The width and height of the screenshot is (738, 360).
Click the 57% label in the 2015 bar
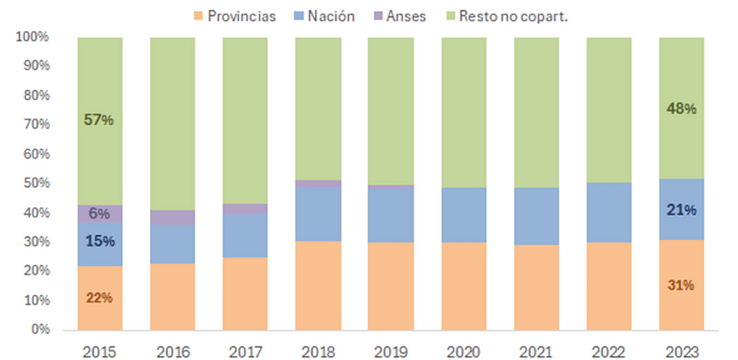coord(99,120)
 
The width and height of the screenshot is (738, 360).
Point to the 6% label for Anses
coord(99,214)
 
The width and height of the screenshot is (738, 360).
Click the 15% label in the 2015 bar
coord(99,242)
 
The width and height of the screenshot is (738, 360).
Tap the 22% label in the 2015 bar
coord(99,298)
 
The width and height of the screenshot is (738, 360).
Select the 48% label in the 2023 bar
coord(680,108)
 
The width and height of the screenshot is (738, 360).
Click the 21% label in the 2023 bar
coord(680,210)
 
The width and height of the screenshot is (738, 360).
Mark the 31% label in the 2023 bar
coord(680,285)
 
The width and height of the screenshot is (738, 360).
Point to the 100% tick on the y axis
coord(33,38)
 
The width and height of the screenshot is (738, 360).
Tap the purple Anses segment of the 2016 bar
coord(172,217)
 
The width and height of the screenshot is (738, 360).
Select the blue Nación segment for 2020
coord(463,215)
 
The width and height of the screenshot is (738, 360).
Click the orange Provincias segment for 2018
coord(318,285)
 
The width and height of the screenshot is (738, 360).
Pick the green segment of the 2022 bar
coord(608,109)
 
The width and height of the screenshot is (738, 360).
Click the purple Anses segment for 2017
coord(245,209)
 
